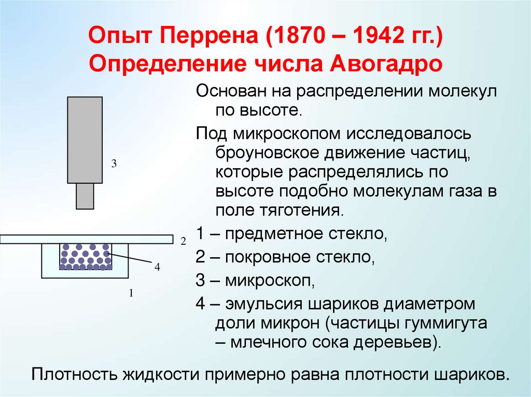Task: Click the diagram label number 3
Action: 114,164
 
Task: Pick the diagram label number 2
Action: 183,241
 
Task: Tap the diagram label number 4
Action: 157,267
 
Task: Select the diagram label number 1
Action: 132,293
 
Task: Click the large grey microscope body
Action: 85,140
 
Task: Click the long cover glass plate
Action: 86,239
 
